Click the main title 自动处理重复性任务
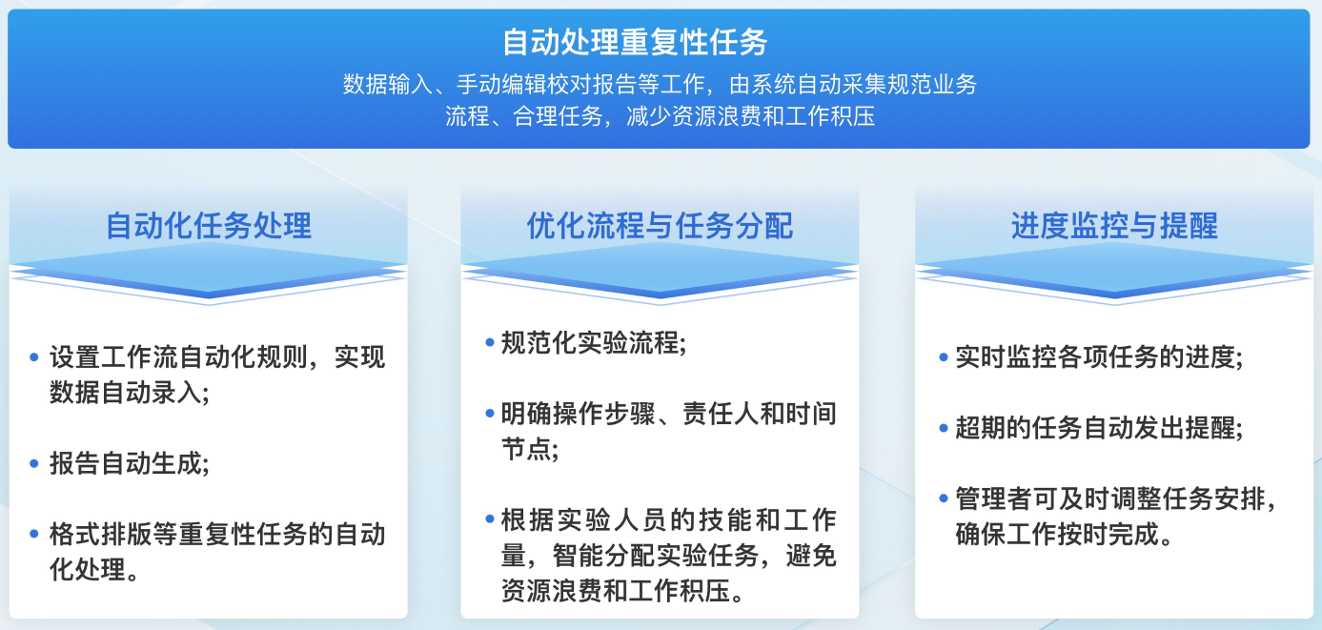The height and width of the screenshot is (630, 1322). [635, 42]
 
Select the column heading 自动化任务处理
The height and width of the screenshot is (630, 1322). [209, 225]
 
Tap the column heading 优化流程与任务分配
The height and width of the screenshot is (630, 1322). [660, 225]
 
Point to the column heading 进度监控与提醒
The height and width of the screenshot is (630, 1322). [1114, 225]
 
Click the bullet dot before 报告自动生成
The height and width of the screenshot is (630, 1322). [34, 463]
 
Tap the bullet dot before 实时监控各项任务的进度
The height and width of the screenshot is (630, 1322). [943, 357]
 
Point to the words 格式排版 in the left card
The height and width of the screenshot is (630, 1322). [100, 535]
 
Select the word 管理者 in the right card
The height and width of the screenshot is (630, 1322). [993, 499]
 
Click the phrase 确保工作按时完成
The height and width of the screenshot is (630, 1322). [1057, 535]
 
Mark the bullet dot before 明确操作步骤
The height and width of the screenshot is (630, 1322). [489, 414]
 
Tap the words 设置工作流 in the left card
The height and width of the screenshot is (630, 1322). [113, 356]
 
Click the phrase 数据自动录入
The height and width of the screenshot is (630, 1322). [125, 393]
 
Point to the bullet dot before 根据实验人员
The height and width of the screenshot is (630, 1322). [489, 519]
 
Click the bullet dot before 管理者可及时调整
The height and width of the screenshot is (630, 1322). [943, 499]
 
